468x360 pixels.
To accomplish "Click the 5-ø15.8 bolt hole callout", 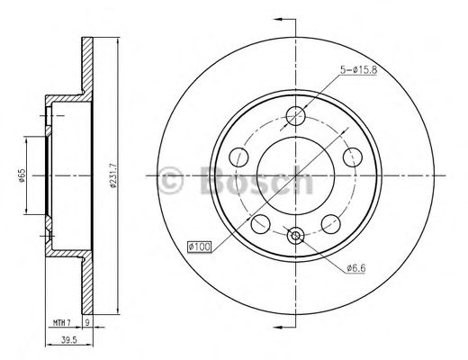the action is tap(358, 69).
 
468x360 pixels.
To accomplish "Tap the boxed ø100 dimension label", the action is tap(199, 247).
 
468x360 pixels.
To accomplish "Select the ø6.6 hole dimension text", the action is tap(355, 268).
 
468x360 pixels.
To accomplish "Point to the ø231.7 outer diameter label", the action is tap(113, 175).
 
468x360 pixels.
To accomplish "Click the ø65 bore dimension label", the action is tap(21, 175).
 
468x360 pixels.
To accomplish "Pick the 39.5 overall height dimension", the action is tap(69, 340).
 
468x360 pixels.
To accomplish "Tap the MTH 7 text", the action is tap(61, 323).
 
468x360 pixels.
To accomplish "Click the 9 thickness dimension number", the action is tap(87, 323).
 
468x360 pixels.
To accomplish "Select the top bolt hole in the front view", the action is tap(295, 116).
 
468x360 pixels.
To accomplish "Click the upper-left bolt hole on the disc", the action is tap(238, 157).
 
